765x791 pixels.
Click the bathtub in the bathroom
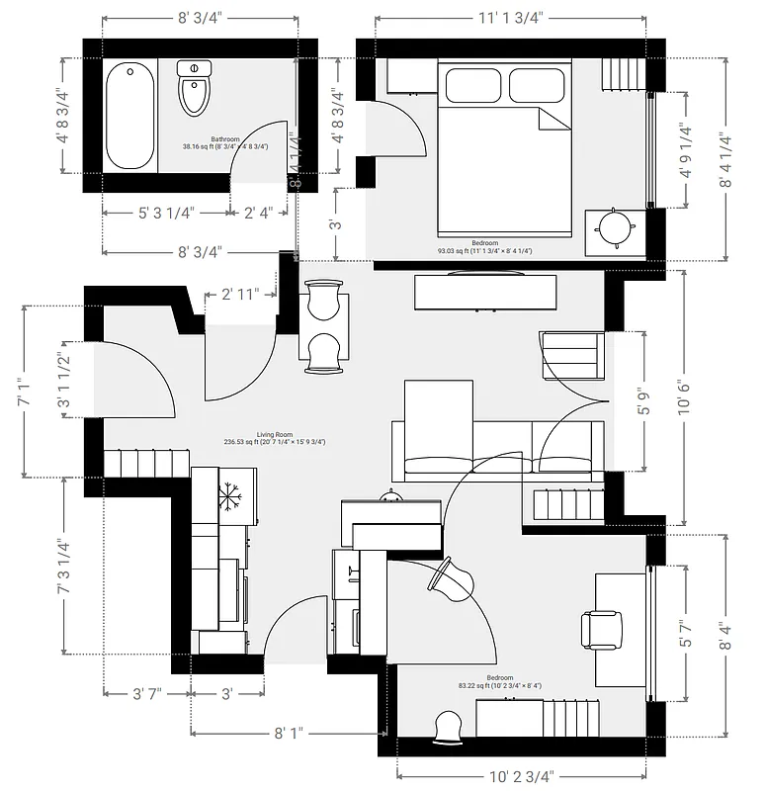pos(130,117)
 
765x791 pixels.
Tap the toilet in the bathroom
pos(194,88)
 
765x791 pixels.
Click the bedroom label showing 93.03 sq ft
pos(484,247)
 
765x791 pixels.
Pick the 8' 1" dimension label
pos(288,733)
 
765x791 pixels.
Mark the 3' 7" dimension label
pos(146,693)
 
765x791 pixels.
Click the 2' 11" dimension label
pos(240,294)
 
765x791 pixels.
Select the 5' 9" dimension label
pos(643,400)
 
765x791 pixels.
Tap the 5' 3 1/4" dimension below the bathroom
pos(164,212)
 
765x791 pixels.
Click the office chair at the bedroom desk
pos(602,630)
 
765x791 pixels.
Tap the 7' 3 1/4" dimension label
pos(66,567)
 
